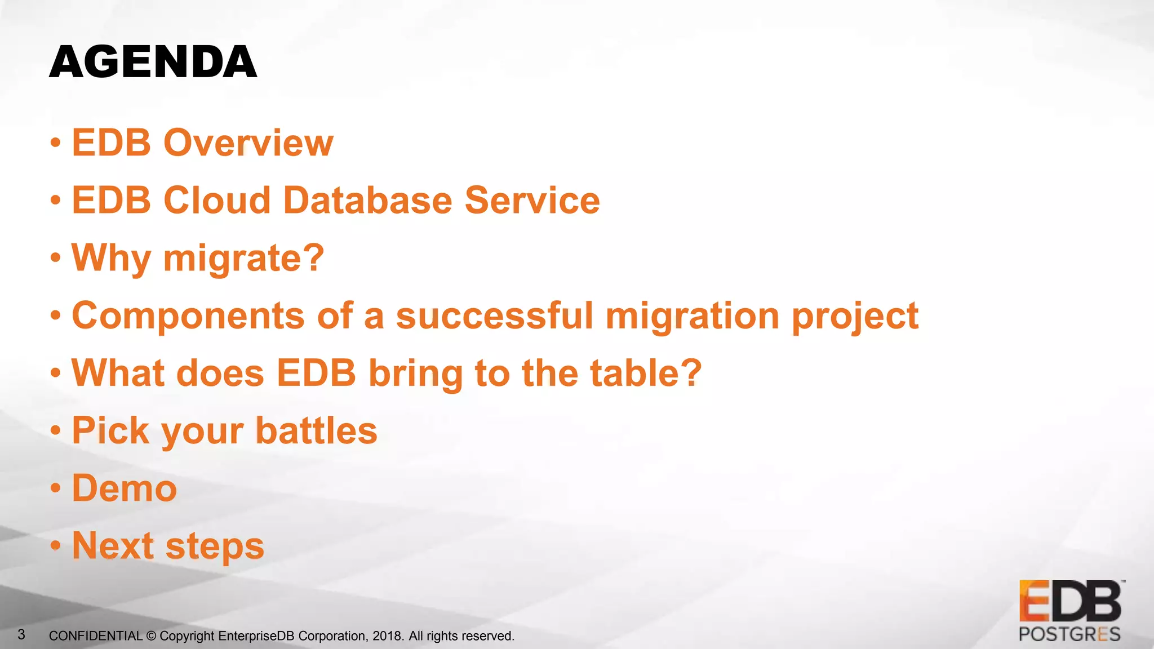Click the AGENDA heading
coord(153,62)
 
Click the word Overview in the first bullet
coord(248,143)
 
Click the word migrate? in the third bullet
coord(243,258)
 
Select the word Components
coord(188,315)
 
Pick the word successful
coord(495,315)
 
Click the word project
coord(855,317)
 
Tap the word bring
coord(415,374)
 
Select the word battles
coord(316,431)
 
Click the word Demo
coord(125,488)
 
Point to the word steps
coord(215,547)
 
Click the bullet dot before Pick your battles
coord(55,431)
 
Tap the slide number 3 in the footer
coord(21,635)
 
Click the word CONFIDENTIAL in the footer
coord(95,636)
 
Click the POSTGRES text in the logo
coord(1069,634)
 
